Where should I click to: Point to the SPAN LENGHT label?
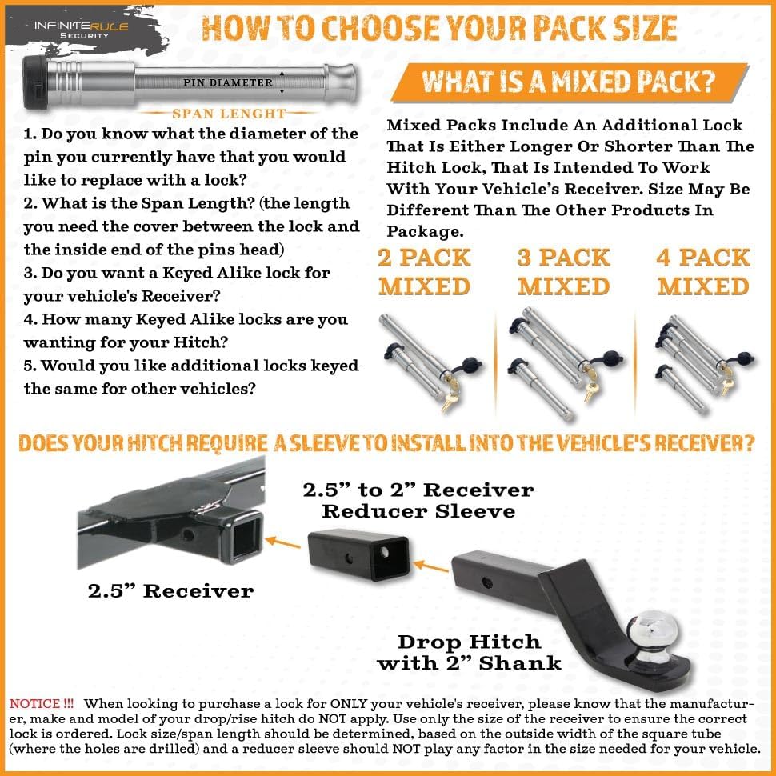point(229,114)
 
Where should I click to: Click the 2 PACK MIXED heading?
point(425,272)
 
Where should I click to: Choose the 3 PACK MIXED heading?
point(565,272)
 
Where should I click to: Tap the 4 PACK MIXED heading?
point(704,272)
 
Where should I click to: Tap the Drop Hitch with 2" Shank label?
point(469,652)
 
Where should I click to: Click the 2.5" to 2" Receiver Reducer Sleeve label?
point(418,500)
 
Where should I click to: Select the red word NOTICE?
point(41,705)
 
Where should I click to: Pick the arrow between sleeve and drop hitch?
point(431,566)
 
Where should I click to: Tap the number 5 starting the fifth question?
point(29,366)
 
